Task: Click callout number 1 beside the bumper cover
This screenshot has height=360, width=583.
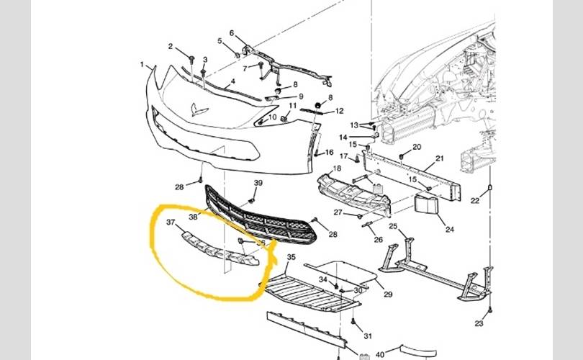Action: (143, 65)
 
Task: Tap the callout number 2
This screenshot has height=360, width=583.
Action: (171, 47)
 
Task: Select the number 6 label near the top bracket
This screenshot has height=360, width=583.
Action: (232, 33)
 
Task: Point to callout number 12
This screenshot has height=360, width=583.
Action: (339, 111)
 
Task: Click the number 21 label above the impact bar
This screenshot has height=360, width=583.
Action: (440, 158)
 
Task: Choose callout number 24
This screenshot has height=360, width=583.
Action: (450, 230)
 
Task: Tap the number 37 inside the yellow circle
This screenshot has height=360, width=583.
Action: (171, 222)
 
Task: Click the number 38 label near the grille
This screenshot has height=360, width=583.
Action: (193, 216)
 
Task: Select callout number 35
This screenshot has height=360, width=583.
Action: (291, 257)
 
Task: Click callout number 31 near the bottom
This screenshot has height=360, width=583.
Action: (368, 336)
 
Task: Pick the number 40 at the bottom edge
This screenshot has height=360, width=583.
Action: (379, 355)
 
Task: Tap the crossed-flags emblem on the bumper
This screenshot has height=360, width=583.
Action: (199, 110)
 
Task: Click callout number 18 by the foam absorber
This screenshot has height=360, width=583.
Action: (335, 168)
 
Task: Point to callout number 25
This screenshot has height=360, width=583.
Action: (393, 226)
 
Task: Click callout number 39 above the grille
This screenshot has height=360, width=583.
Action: (258, 184)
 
